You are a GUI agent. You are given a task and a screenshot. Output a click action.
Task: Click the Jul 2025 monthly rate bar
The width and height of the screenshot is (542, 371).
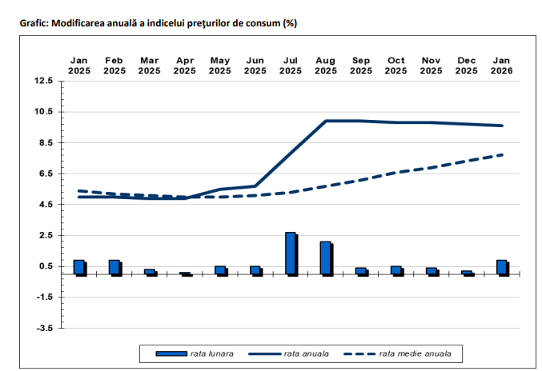290,253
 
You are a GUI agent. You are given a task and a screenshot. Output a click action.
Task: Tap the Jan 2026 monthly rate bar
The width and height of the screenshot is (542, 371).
501,267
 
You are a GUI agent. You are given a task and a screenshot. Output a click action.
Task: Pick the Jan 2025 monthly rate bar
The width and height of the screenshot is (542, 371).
78,267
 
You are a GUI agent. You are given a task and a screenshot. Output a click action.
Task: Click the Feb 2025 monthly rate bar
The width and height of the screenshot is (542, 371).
114,267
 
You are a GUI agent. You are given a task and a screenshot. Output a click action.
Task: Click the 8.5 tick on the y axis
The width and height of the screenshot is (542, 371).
46,142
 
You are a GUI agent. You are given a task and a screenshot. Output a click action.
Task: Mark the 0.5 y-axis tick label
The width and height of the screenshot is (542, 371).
46,266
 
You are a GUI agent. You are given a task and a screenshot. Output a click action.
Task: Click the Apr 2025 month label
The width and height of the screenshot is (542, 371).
184,66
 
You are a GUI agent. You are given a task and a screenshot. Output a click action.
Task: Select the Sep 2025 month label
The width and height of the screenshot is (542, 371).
360,66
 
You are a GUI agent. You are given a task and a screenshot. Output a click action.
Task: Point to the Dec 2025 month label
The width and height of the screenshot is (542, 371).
466,66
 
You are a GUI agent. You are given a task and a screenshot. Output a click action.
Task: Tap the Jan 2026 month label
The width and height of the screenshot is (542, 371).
501,66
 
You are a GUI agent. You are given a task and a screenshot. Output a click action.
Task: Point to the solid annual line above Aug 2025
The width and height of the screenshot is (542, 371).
325,121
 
